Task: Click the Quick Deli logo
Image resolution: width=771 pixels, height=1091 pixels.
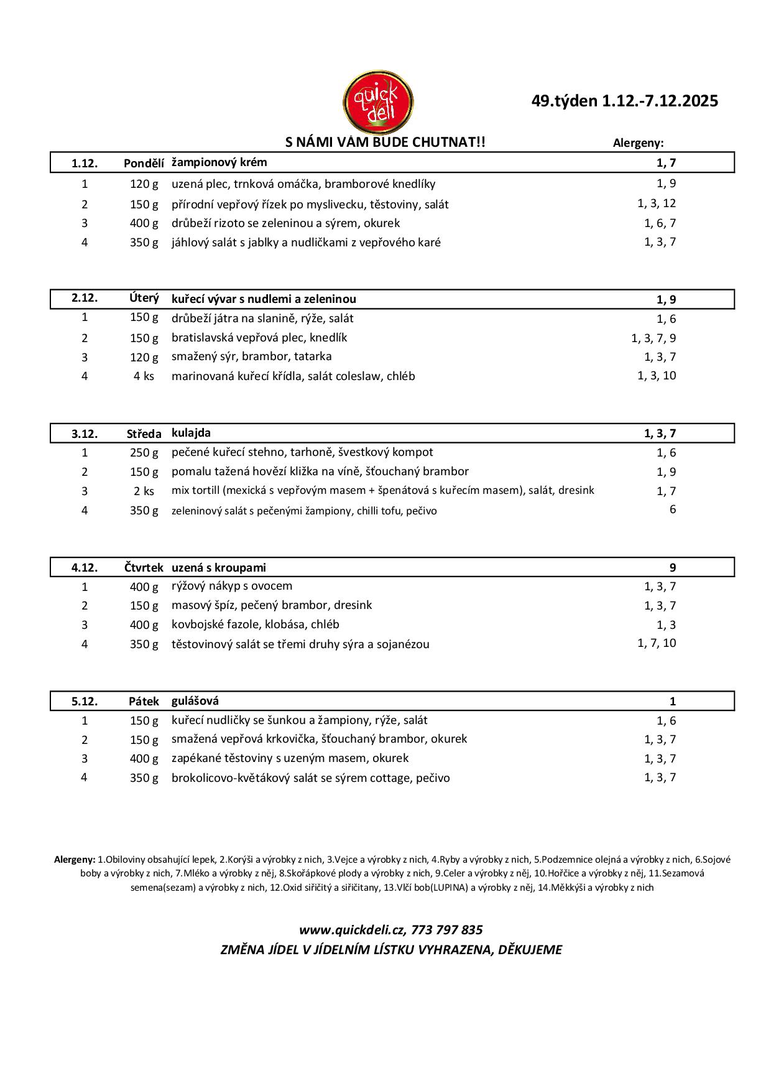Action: point(379,101)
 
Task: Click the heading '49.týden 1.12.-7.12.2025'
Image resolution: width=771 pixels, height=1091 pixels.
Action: point(624,101)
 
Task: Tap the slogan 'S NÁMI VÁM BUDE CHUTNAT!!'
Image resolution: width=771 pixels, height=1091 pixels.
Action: point(385,142)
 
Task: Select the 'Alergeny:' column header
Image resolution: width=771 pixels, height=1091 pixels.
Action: point(638,143)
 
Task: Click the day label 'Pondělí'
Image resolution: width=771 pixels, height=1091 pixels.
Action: point(144,164)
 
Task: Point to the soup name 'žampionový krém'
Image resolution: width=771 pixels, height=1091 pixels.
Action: point(219,163)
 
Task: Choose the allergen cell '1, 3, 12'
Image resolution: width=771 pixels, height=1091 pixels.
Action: point(656,203)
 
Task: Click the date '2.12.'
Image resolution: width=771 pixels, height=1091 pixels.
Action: point(85,298)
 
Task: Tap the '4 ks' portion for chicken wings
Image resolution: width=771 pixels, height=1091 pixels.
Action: point(144,376)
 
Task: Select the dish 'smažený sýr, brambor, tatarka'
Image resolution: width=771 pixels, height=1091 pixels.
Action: point(251,356)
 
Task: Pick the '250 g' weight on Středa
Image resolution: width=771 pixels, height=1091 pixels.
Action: point(144,453)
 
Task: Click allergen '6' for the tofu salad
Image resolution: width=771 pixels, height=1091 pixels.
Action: point(672,509)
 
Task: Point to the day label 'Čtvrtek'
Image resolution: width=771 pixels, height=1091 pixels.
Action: point(143,567)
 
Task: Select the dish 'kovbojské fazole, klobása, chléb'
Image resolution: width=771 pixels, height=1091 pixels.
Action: point(255,624)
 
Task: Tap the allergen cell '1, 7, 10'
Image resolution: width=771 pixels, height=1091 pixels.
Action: point(656,643)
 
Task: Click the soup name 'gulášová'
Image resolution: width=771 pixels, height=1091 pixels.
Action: point(195,701)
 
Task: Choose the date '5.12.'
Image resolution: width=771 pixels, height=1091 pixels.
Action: point(85,702)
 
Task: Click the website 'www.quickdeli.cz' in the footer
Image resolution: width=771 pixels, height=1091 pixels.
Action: point(351,930)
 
